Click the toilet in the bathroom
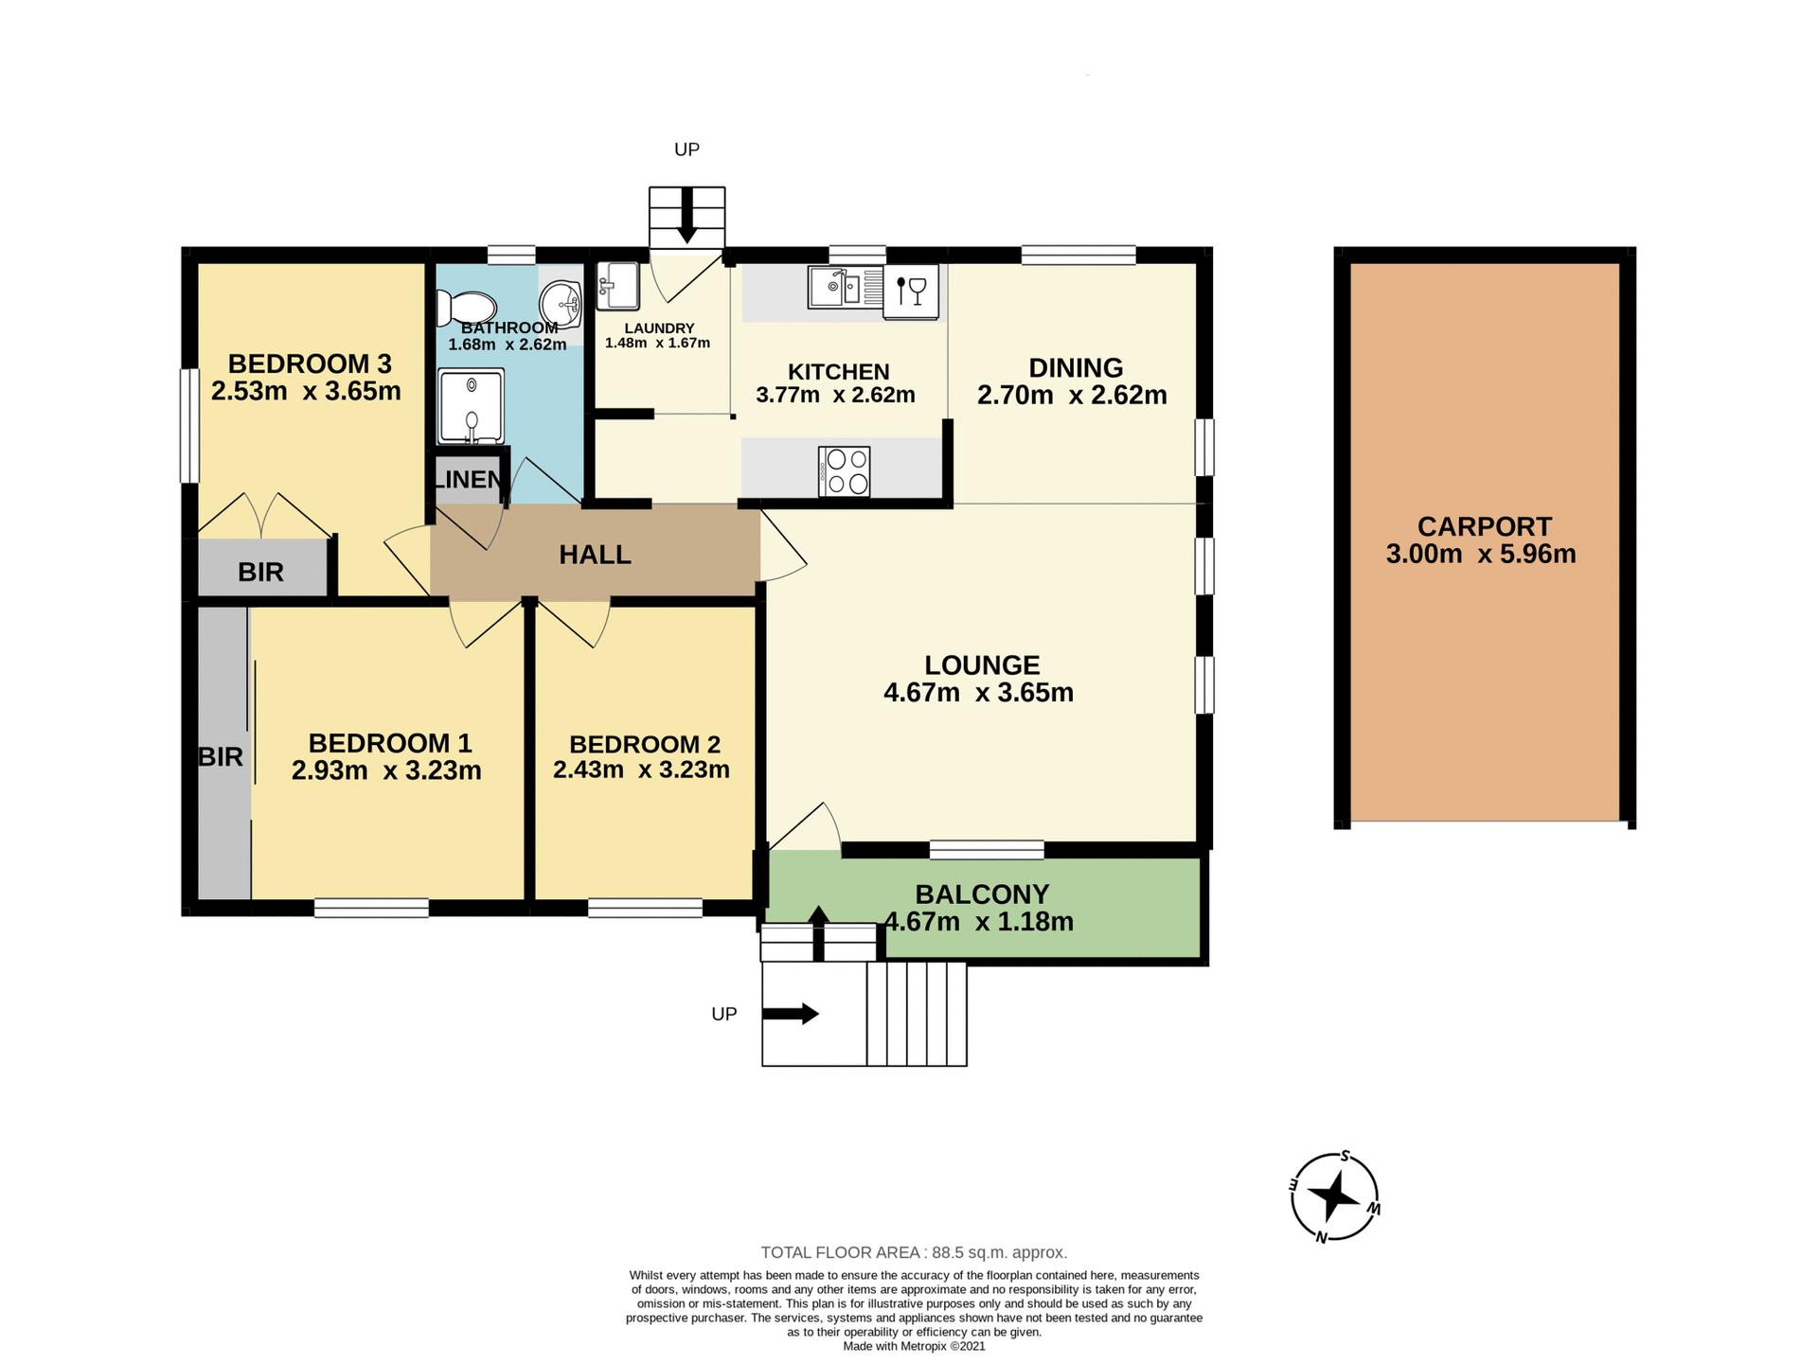(467, 309)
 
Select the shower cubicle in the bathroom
(471, 406)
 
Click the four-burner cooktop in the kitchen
(845, 471)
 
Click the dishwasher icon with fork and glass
(911, 291)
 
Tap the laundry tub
(617, 285)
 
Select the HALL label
(595, 555)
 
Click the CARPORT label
(1484, 526)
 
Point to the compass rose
(1334, 1196)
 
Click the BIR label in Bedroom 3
(260, 572)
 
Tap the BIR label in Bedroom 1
(221, 756)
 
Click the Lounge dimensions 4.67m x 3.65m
(978, 693)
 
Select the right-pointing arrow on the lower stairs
(790, 1014)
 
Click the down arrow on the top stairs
(686, 216)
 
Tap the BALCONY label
(982, 894)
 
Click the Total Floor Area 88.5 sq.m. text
(914, 1252)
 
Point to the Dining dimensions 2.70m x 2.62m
(1072, 395)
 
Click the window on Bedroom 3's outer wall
(189, 426)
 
